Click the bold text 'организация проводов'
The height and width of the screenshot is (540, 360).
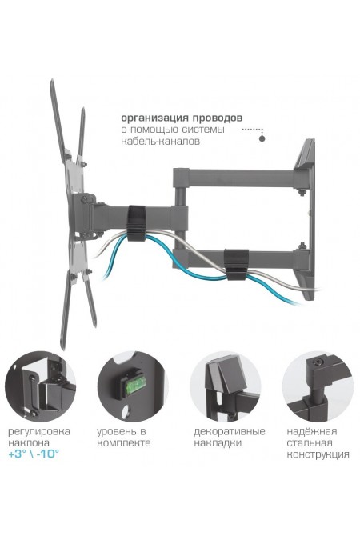[182, 118]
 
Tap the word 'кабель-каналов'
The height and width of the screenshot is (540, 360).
[160, 141]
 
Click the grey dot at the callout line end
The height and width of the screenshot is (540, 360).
[262, 138]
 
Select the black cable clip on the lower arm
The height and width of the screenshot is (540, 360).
[236, 264]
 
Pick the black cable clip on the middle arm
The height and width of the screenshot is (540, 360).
[137, 223]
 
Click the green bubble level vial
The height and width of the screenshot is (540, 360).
[137, 385]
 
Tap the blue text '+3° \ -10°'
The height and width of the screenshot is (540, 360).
[34, 454]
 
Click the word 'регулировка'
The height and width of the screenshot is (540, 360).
[39, 432]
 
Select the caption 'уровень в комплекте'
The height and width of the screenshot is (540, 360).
[124, 437]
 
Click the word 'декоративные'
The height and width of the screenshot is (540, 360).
[230, 432]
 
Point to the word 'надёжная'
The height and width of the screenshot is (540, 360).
[312, 431]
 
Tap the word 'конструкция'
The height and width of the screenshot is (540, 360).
[318, 454]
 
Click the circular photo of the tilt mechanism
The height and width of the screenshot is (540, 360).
[40, 386]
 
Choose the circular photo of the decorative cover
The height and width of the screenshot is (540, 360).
[226, 386]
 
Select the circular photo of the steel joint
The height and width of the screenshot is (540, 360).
[318, 386]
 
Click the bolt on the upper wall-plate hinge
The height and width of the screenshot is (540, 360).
[302, 191]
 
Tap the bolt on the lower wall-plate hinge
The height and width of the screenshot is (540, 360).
[302, 246]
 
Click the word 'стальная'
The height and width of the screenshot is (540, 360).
[310, 443]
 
